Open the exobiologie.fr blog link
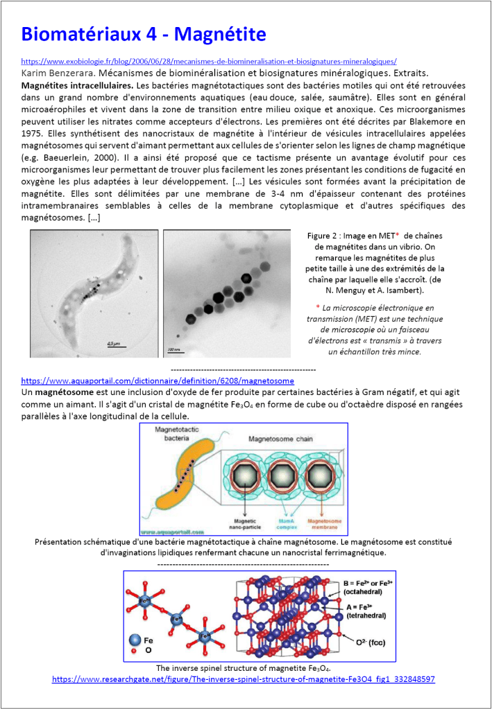pyautogui.click(x=209, y=61)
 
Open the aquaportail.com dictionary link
pyautogui.click(x=158, y=380)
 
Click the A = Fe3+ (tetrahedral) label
pyautogui.click(x=366, y=611)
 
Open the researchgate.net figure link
pyautogui.click(x=243, y=679)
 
